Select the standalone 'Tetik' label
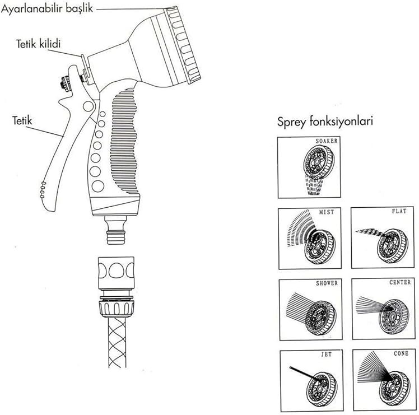[21, 119]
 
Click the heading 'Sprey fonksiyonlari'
[325, 122]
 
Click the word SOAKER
[326, 141]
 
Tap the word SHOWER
[326, 283]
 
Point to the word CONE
[401, 354]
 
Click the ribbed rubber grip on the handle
[126, 140]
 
